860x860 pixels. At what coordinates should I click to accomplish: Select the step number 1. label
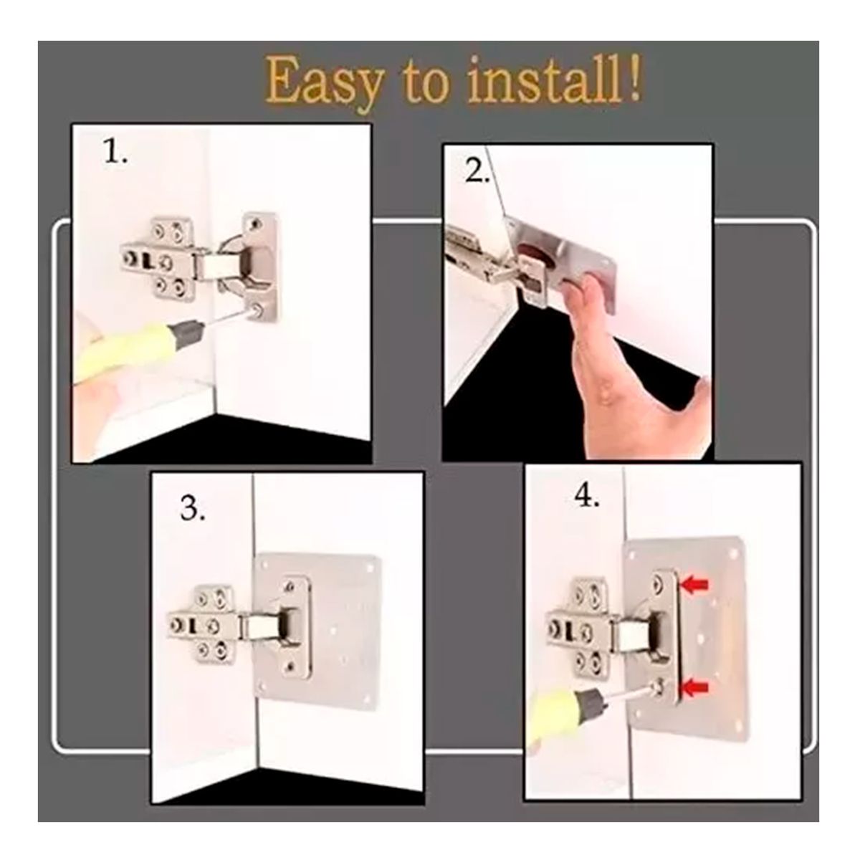(115, 153)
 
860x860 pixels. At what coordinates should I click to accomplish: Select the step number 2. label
(477, 173)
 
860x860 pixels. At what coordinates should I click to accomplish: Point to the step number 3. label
(193, 510)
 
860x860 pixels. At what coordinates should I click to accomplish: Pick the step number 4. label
(586, 496)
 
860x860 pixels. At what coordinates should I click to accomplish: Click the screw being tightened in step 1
(256, 309)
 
